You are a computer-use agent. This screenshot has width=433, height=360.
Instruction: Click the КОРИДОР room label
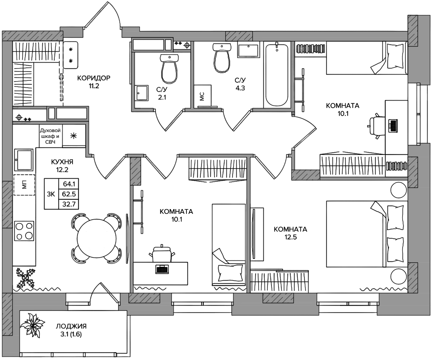point(94,78)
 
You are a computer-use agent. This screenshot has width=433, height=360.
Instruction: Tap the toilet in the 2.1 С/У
point(169,69)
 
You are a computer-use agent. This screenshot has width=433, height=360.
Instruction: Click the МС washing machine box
point(202,96)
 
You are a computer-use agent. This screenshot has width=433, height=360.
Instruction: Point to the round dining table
point(97,239)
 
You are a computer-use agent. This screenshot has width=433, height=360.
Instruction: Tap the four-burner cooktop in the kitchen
point(24,231)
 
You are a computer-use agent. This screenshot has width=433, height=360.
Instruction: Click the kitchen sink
point(24,160)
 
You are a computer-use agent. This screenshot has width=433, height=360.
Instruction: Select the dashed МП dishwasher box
point(24,185)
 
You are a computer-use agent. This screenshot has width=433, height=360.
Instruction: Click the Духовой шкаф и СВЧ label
point(50,136)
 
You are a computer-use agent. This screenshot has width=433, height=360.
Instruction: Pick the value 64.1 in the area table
point(69,184)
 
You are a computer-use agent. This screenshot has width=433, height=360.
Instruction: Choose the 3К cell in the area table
point(51,194)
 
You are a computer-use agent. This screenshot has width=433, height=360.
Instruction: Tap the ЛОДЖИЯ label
point(71,326)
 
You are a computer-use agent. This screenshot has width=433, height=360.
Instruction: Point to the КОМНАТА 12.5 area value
point(290,237)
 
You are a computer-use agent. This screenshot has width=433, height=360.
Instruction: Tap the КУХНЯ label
point(62,162)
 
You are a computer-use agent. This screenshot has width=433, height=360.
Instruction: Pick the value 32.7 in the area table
point(69,204)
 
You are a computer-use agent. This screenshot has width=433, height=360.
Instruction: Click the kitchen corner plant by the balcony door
point(26,278)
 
